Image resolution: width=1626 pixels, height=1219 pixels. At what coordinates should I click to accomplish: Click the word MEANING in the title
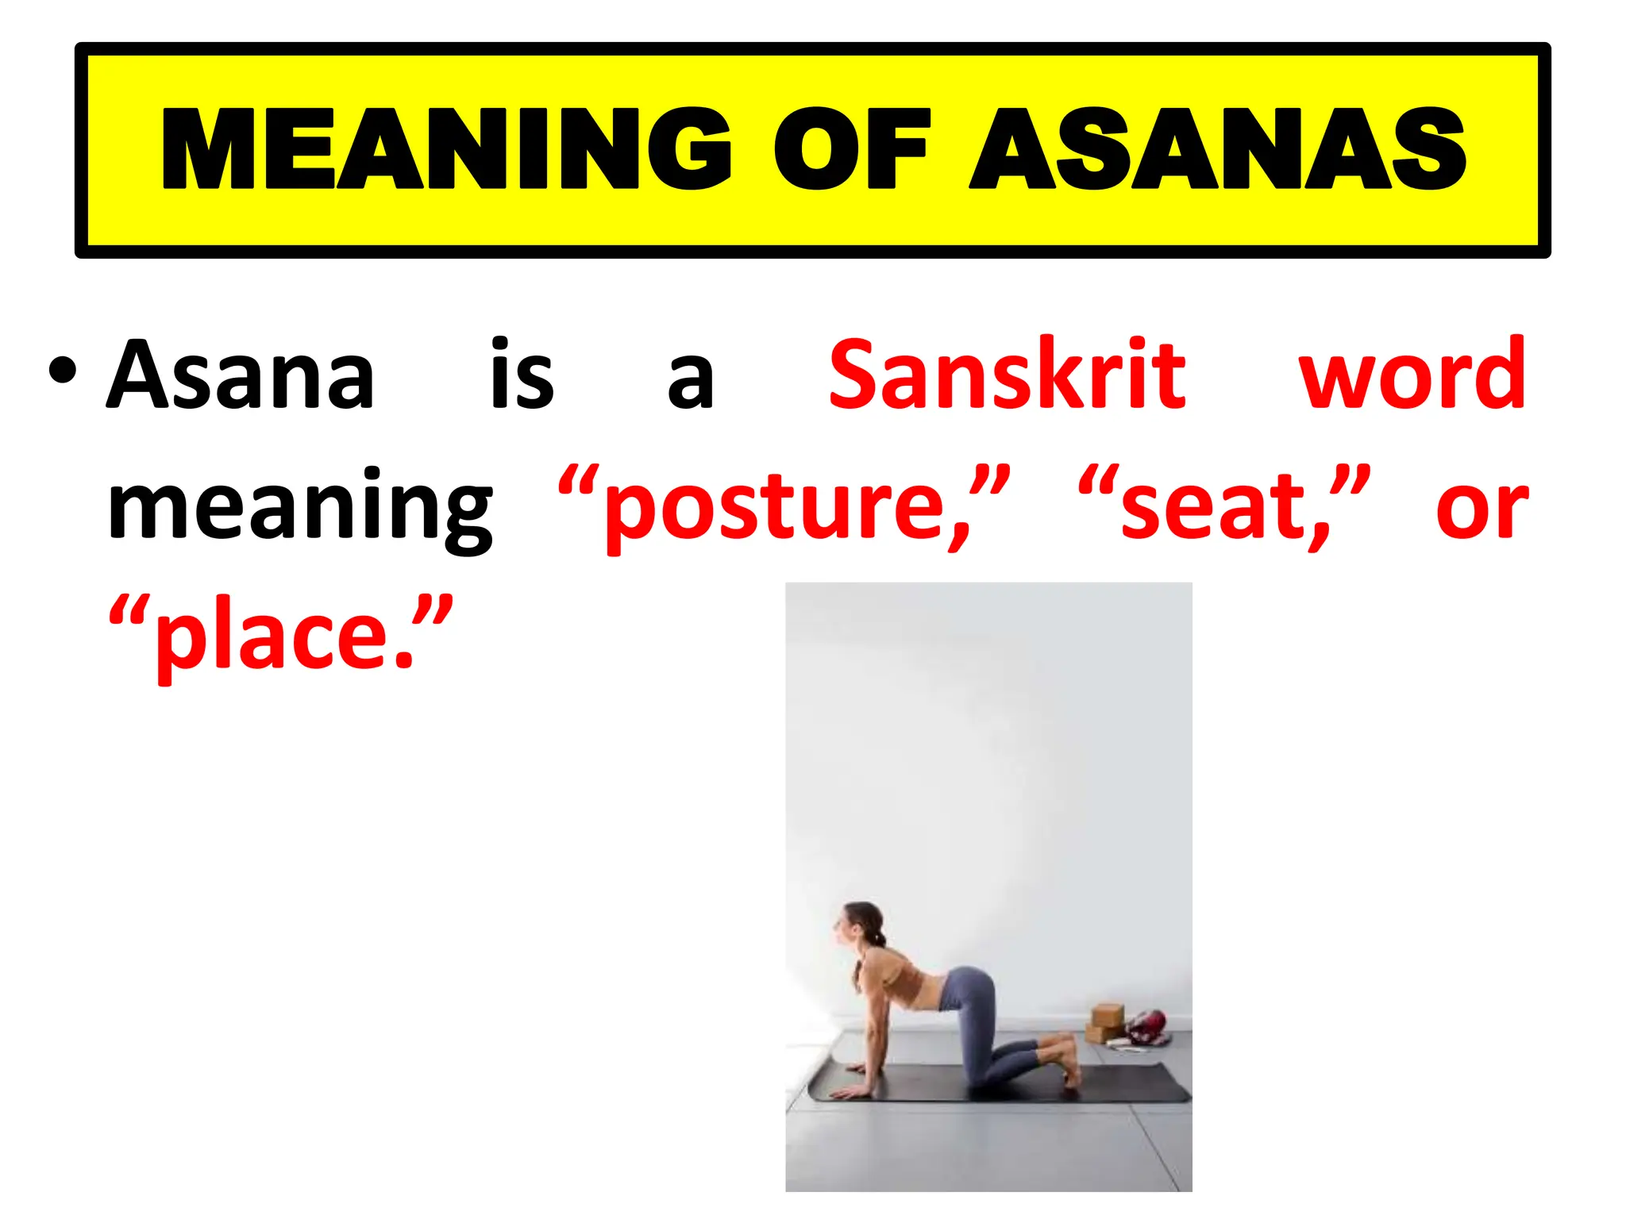[x=445, y=149]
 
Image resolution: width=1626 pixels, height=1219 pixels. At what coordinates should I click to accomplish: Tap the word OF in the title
[x=851, y=149]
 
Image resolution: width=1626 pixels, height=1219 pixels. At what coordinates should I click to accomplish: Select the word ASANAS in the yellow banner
[x=1218, y=149]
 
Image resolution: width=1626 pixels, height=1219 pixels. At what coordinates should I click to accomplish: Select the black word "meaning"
[x=300, y=508]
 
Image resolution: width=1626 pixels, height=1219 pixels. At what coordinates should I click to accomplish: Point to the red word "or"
[x=1482, y=508]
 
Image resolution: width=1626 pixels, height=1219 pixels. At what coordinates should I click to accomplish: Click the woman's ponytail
[x=877, y=941]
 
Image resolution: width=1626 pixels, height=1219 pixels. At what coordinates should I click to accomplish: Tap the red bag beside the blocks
[x=1147, y=1028]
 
